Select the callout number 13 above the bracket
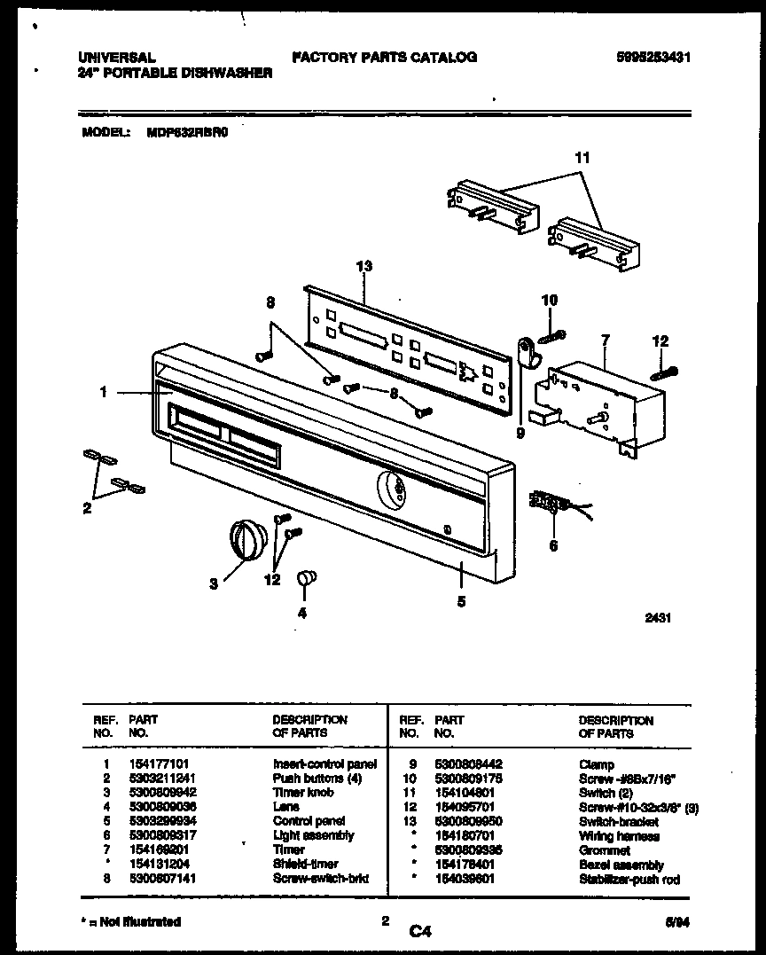click(363, 266)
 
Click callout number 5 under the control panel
click(461, 601)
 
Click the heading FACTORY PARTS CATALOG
click(384, 58)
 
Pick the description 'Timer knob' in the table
click(303, 793)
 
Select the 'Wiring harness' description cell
click(619, 836)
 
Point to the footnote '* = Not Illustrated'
click(130, 922)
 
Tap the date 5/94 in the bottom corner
click(678, 923)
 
